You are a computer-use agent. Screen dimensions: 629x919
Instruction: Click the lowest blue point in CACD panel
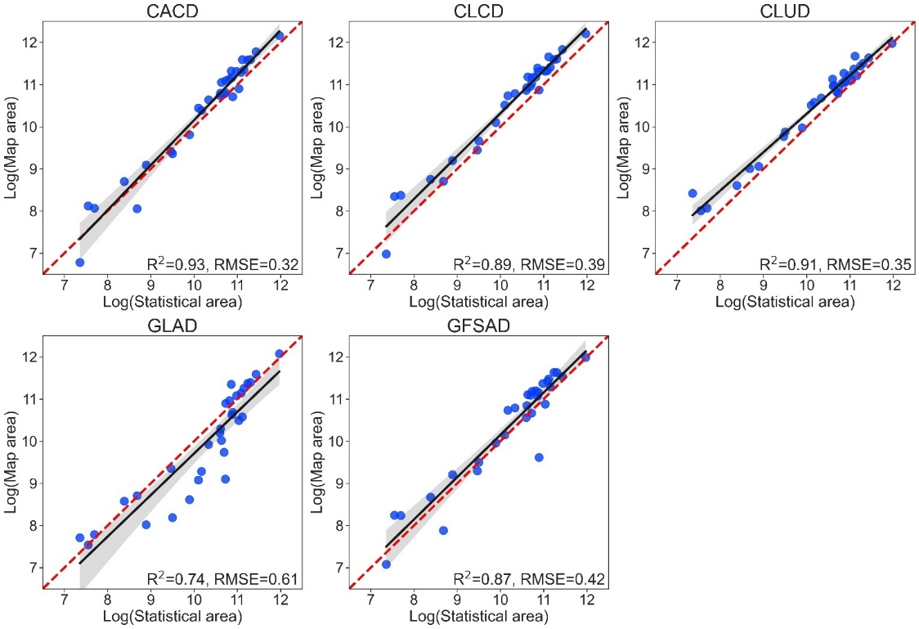pos(80,263)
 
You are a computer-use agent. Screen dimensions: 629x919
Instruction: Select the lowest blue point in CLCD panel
pos(386,254)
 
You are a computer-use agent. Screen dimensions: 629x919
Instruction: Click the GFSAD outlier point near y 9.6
pos(539,457)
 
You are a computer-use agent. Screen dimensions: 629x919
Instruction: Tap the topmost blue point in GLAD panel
pos(280,353)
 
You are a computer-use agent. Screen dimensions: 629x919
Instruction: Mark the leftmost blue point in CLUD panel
pos(693,194)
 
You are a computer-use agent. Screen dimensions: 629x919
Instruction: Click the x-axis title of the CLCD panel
pos(477,302)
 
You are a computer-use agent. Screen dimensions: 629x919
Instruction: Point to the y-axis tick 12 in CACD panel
pos(29,42)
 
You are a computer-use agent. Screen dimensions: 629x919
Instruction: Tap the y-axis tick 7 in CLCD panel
pos(336,253)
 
